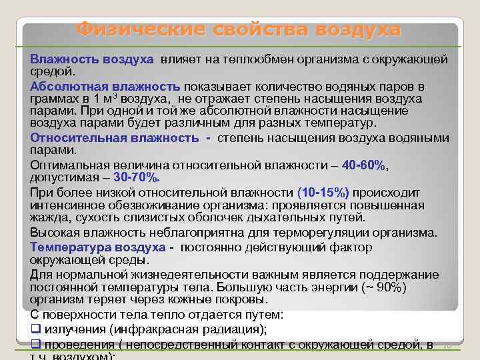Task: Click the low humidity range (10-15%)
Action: pyautogui.click(x=323, y=192)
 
